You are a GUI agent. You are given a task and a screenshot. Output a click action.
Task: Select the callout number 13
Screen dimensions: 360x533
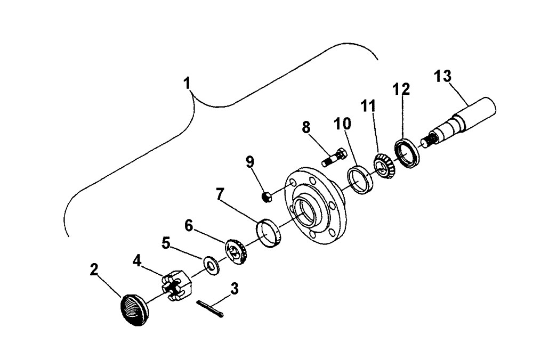click(x=442, y=76)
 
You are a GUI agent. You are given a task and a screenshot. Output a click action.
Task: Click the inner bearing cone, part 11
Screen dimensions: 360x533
click(x=383, y=166)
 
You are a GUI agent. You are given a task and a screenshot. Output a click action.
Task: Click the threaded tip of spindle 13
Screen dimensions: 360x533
click(x=428, y=141)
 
